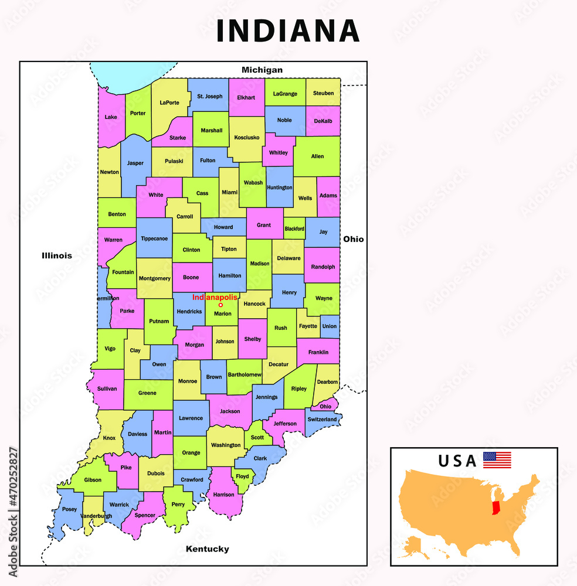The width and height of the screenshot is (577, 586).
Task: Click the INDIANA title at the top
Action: click(x=288, y=31)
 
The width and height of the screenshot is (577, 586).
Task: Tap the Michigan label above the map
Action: click(x=262, y=70)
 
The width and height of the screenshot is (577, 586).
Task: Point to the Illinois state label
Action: click(x=57, y=255)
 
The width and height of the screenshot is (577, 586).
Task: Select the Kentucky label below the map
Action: click(x=207, y=549)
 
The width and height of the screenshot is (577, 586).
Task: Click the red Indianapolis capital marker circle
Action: click(x=220, y=305)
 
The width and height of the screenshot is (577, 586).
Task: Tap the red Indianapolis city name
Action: click(x=215, y=298)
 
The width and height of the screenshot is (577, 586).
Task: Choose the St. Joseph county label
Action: click(x=210, y=96)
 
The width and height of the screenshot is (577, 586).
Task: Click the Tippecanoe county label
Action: click(x=154, y=239)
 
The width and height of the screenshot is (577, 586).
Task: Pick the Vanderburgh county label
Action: click(x=96, y=516)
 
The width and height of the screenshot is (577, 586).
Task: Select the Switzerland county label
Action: click(x=323, y=420)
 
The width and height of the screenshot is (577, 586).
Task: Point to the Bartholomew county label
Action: click(x=245, y=374)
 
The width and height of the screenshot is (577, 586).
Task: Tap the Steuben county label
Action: click(x=323, y=93)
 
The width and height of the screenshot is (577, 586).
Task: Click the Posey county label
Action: click(x=69, y=509)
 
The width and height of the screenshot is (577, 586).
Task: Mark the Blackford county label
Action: click(x=294, y=229)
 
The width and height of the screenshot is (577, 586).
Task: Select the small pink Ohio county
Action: click(x=325, y=407)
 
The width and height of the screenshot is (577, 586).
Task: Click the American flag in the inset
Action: click(x=497, y=460)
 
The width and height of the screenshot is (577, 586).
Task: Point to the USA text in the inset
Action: click(x=457, y=461)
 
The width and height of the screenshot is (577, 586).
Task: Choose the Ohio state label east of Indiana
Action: click(x=354, y=239)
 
